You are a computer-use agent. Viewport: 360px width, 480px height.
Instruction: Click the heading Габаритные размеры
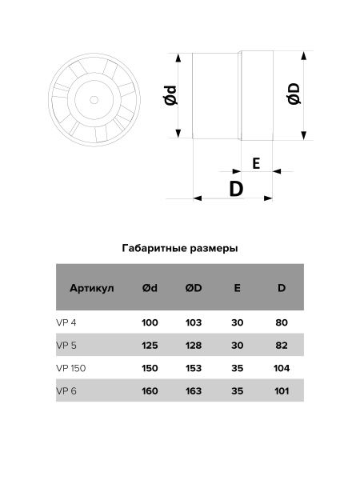(180, 248)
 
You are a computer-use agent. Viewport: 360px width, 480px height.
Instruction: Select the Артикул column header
(92, 289)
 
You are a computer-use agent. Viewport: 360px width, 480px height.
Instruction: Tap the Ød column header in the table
(150, 289)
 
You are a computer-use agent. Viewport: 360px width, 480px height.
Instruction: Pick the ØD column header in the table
(193, 289)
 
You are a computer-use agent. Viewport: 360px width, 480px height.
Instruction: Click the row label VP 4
(66, 322)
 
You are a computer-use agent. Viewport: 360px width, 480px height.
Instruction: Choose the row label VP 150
(70, 368)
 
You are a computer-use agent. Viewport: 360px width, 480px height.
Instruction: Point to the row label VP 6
(66, 390)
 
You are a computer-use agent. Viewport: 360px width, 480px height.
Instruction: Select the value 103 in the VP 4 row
(193, 322)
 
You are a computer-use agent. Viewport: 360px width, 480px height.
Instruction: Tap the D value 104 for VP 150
(281, 368)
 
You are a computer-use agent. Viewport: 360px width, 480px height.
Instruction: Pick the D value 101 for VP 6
(281, 390)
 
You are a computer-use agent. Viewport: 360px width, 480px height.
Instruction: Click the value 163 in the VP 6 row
(193, 390)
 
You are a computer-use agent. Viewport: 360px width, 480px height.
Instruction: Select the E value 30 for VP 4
(238, 322)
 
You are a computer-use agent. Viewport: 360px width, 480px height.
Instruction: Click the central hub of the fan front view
(96, 100)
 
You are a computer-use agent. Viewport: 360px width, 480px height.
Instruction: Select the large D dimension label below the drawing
(236, 190)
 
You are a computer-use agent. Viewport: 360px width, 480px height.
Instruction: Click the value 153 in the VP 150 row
(193, 368)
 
